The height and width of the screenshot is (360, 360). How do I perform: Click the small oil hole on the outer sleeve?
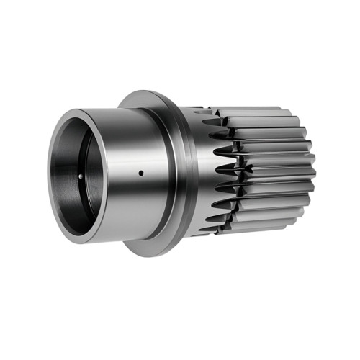click(140, 172)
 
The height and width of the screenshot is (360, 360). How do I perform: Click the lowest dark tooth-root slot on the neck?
click(209, 227)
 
